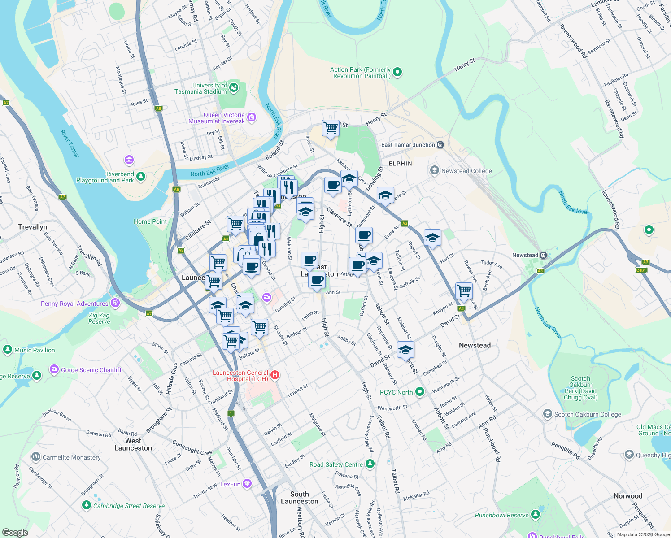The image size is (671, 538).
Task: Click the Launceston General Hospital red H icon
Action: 275,375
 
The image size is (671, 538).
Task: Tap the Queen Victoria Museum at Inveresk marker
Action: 252,118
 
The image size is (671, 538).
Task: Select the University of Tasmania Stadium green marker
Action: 234,88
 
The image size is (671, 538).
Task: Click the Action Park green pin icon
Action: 397,72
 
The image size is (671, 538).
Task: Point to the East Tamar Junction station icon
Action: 440,145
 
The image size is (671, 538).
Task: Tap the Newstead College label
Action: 466,171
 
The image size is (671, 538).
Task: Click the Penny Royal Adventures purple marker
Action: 115,303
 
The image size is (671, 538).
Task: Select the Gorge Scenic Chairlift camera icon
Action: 54,369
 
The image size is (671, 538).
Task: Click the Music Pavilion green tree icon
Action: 7,350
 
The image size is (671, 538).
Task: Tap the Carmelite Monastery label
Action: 71,457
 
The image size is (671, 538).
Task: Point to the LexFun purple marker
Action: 247,484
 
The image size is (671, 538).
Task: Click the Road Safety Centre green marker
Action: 370,464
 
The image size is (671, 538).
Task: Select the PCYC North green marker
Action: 420,392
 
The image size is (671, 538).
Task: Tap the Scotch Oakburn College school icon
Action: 547,414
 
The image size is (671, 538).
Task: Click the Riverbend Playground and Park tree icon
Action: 141,177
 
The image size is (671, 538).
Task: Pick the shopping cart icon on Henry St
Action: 331,128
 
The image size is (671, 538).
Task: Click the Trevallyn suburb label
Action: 32,227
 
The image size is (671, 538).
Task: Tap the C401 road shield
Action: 641,270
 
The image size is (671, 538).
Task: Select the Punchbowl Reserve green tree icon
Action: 536,515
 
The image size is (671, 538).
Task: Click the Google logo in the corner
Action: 15,532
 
